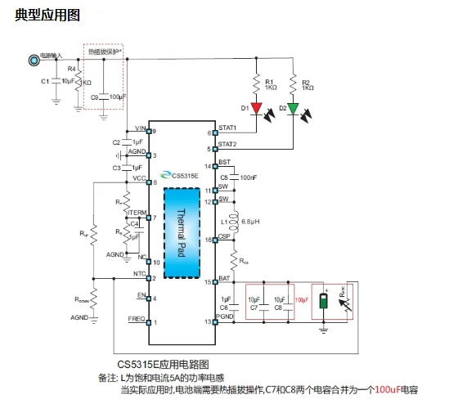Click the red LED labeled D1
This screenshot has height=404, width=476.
(256, 108)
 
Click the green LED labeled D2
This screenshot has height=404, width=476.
(293, 108)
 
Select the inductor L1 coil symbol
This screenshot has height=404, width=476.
(235, 221)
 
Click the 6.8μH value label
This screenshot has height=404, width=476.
(251, 221)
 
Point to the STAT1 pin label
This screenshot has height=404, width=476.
(227, 128)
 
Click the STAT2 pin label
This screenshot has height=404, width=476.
(227, 144)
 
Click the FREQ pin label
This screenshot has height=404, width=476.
(137, 317)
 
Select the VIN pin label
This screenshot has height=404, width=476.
(140, 128)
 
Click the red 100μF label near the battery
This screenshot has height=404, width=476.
(302, 300)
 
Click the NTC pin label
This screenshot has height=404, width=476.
(138, 275)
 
